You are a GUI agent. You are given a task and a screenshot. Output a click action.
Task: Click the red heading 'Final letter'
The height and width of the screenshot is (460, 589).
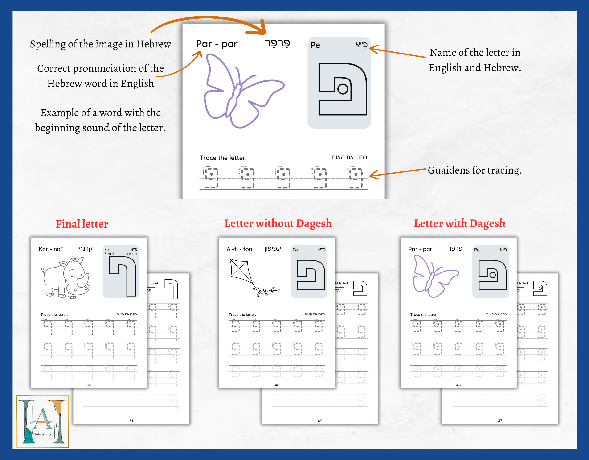pos(82,224)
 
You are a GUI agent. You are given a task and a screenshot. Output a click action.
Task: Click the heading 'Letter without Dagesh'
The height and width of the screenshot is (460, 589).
pos(278,224)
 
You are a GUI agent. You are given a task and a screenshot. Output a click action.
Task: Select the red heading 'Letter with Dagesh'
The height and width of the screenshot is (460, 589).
pos(459,224)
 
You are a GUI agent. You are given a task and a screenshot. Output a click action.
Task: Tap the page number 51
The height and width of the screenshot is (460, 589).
pos(131,421)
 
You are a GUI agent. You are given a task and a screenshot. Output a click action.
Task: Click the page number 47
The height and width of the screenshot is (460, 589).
pos(500,421)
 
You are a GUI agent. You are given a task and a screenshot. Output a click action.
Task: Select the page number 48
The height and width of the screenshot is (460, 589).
pos(277,385)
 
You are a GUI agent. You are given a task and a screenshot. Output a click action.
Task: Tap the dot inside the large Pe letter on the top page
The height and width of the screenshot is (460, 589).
pos(343,89)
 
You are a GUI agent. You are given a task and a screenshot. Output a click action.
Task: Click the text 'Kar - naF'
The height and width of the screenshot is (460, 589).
pos(51,249)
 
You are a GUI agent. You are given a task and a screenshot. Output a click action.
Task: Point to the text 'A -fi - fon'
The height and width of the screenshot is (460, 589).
pos(239,249)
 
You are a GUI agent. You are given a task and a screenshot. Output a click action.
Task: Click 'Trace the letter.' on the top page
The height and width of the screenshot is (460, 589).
pos(223,158)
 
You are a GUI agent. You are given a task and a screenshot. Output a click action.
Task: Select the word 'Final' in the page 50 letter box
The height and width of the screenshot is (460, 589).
pos(109,254)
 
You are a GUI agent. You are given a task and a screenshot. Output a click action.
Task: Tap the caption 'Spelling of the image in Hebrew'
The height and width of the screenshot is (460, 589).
pos(100,44)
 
